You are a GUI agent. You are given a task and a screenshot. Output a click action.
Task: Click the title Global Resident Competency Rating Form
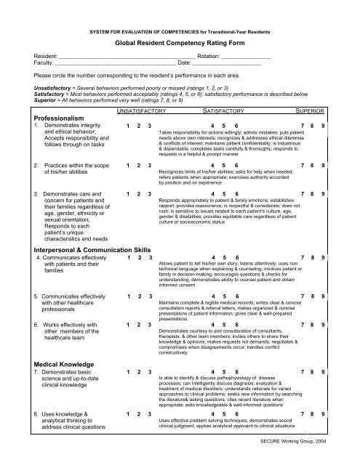pos(179,43)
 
